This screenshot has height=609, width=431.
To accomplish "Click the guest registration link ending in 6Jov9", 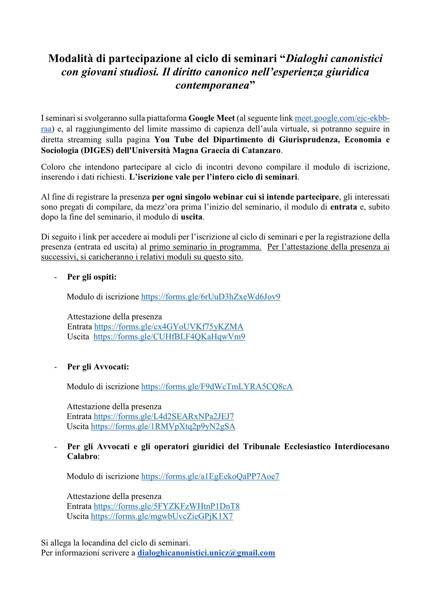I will point(210,297).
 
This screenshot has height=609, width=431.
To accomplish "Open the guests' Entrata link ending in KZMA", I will point(169,327).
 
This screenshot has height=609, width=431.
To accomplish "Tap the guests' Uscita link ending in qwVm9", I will point(169,337).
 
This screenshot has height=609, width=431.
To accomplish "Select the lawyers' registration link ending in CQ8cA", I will point(217,387).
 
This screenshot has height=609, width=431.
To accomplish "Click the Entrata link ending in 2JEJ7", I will point(164,417).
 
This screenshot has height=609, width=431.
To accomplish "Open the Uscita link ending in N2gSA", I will point(163,427).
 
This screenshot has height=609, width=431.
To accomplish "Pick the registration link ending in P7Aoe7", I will point(210,476).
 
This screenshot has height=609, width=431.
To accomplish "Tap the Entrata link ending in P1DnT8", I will point(167,506).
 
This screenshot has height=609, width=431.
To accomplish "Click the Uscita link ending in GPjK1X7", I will point(162,516).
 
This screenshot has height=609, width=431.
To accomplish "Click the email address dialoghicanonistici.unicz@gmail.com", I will point(206,553).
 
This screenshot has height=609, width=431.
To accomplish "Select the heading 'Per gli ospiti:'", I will point(92,277).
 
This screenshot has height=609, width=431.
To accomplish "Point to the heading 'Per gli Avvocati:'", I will point(98,367).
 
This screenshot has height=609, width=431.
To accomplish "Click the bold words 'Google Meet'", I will point(214,118).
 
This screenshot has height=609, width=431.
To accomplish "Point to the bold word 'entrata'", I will point(343,207).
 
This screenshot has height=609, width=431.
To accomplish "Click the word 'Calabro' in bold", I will point(82,457).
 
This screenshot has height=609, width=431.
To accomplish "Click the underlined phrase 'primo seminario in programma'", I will point(205,247).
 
